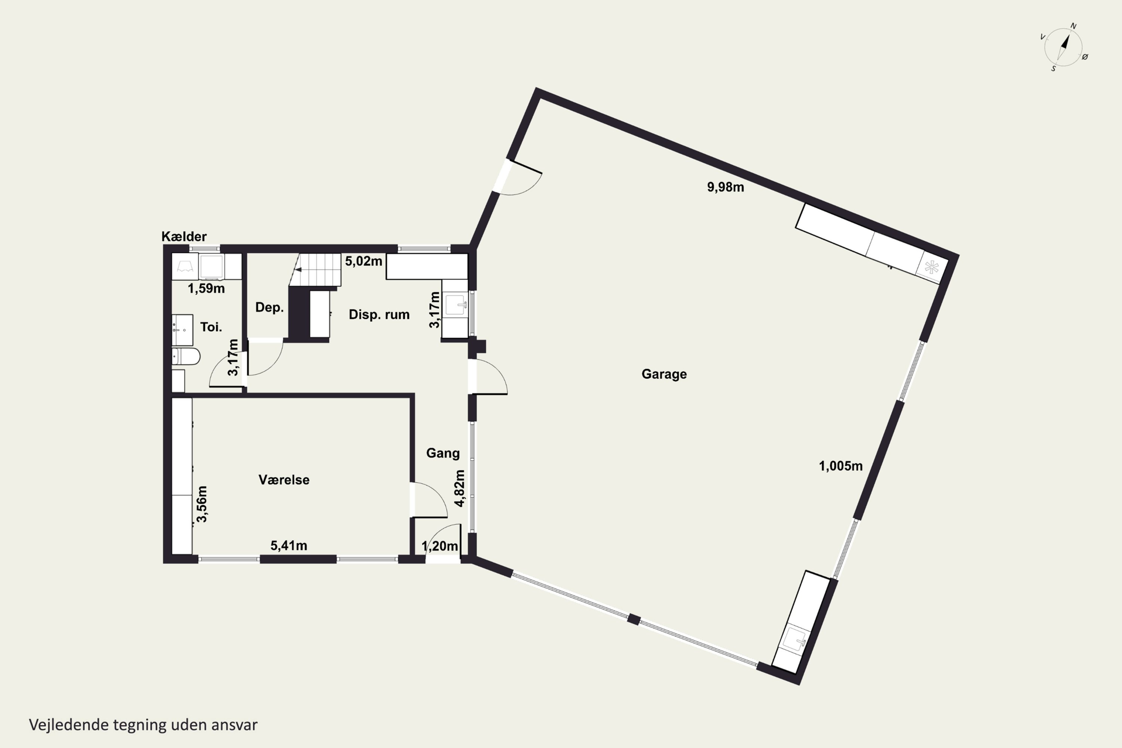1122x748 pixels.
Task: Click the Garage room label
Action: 664,374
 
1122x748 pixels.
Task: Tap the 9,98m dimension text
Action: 725,187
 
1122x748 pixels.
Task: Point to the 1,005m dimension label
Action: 840,466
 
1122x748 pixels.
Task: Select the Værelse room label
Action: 284,479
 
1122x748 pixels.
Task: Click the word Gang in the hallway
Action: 443,453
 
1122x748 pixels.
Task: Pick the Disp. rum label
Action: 379,315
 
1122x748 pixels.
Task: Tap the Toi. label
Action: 211,327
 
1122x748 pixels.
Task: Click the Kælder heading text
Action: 184,237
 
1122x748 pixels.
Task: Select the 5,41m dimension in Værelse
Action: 289,545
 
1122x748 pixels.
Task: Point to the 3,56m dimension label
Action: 202,504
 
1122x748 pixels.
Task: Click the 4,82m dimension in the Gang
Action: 459,488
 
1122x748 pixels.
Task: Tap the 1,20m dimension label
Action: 439,546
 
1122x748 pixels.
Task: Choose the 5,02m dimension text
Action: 364,261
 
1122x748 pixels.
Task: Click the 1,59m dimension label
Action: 206,289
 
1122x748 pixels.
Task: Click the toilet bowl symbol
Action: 186,356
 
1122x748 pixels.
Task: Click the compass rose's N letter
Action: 1073,26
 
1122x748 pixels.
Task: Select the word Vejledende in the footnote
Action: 69,725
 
